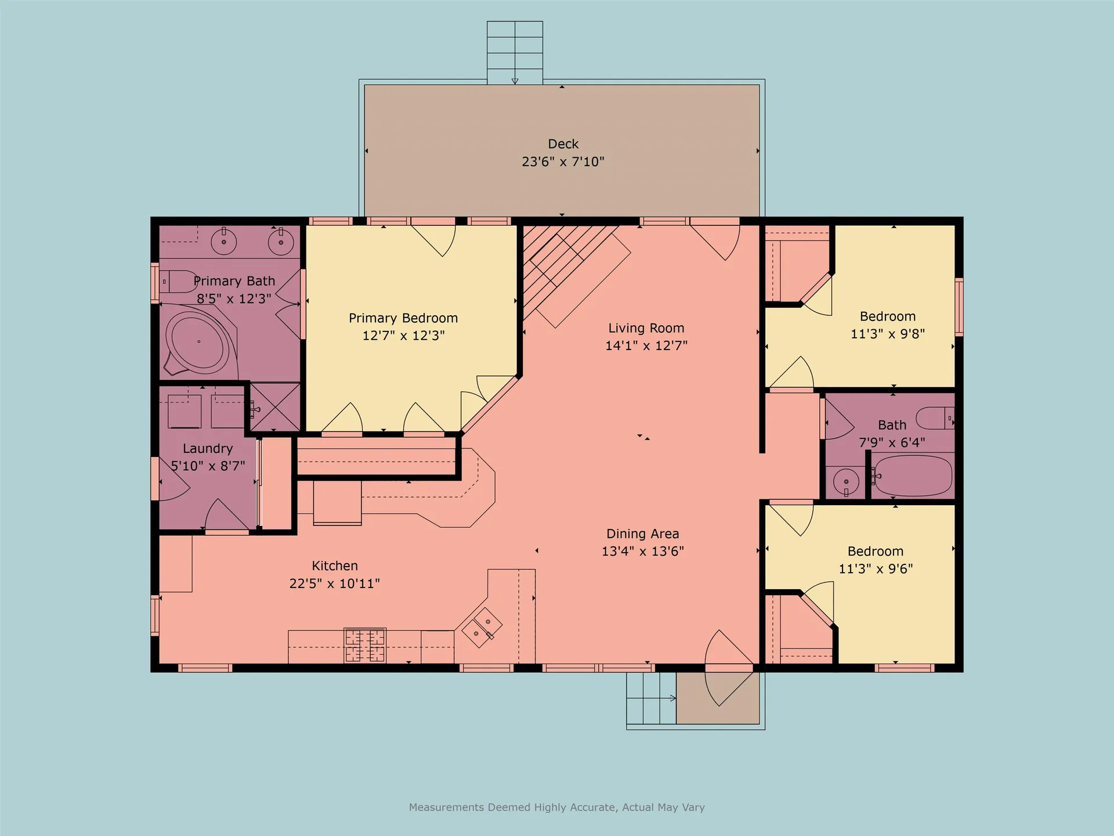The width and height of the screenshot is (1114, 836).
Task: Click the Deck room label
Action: (x=563, y=144)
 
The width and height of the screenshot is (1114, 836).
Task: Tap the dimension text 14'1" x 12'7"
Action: (x=646, y=345)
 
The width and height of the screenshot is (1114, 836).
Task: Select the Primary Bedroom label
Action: (x=403, y=318)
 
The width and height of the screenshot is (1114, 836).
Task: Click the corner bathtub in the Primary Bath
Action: (x=198, y=341)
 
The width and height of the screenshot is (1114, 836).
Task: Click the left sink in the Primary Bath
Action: (x=223, y=242)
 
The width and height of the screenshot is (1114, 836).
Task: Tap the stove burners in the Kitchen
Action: (x=365, y=645)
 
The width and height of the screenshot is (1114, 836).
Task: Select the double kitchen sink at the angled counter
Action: (x=482, y=627)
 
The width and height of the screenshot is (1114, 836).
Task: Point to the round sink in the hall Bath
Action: (x=846, y=481)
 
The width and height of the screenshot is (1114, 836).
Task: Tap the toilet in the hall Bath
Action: (x=934, y=417)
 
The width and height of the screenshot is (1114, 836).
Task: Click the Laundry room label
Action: (x=208, y=449)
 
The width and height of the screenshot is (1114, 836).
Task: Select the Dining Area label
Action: (x=642, y=534)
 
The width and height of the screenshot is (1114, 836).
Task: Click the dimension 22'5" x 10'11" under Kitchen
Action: (x=334, y=583)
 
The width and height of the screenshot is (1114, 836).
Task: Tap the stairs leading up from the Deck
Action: (x=515, y=52)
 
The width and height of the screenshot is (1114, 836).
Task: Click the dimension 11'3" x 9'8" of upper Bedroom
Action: (x=887, y=334)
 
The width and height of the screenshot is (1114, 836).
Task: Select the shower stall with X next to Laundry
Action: (x=274, y=407)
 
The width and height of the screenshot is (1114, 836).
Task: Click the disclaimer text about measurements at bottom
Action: (x=556, y=807)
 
